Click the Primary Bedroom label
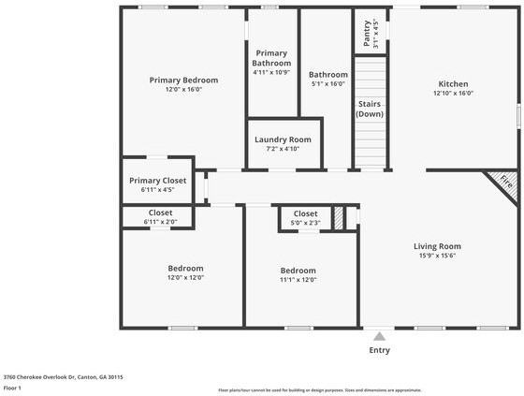[183, 81]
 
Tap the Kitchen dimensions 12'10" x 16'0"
[453, 93]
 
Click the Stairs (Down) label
[370, 109]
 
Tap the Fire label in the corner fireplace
[506, 182]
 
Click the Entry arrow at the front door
[379, 335]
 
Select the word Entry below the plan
[379, 350]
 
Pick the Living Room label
[437, 246]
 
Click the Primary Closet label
[157, 180]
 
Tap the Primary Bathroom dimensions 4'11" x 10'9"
[271, 72]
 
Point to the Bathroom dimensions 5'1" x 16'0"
[328, 83]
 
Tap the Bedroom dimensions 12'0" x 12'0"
[185, 277]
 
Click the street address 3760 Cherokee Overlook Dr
[64, 377]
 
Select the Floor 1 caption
[13, 388]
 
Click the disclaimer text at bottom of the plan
[319, 390]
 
